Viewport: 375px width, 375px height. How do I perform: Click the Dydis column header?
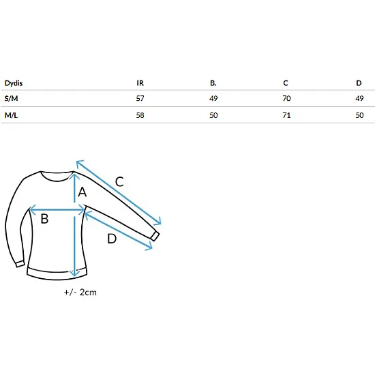tap(14, 83)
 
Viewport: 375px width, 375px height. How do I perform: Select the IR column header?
tap(140, 83)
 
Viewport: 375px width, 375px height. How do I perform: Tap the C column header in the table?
tap(286, 83)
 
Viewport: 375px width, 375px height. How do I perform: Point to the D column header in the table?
tap(359, 83)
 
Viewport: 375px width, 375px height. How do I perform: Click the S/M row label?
tap(11, 98)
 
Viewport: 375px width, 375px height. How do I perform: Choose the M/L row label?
tap(11, 115)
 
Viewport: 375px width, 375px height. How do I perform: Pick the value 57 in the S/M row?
tap(140, 98)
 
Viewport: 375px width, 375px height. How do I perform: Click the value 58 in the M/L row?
tap(140, 115)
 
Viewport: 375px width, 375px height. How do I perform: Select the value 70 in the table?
tap(286, 98)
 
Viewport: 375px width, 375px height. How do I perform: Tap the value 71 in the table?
tap(286, 115)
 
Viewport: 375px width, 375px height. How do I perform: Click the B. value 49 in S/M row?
tap(213, 98)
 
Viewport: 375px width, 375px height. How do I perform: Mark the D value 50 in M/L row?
tap(359, 115)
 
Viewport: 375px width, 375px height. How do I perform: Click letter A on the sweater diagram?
tap(82, 192)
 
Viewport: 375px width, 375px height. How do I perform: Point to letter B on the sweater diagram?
tap(44, 219)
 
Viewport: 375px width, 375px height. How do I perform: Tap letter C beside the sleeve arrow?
tap(119, 182)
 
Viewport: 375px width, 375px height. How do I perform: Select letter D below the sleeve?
tap(112, 239)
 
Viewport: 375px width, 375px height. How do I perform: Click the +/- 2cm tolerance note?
tap(80, 292)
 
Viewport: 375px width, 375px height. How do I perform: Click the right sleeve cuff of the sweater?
tap(155, 236)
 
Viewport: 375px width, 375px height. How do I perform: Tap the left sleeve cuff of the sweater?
tap(20, 265)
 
